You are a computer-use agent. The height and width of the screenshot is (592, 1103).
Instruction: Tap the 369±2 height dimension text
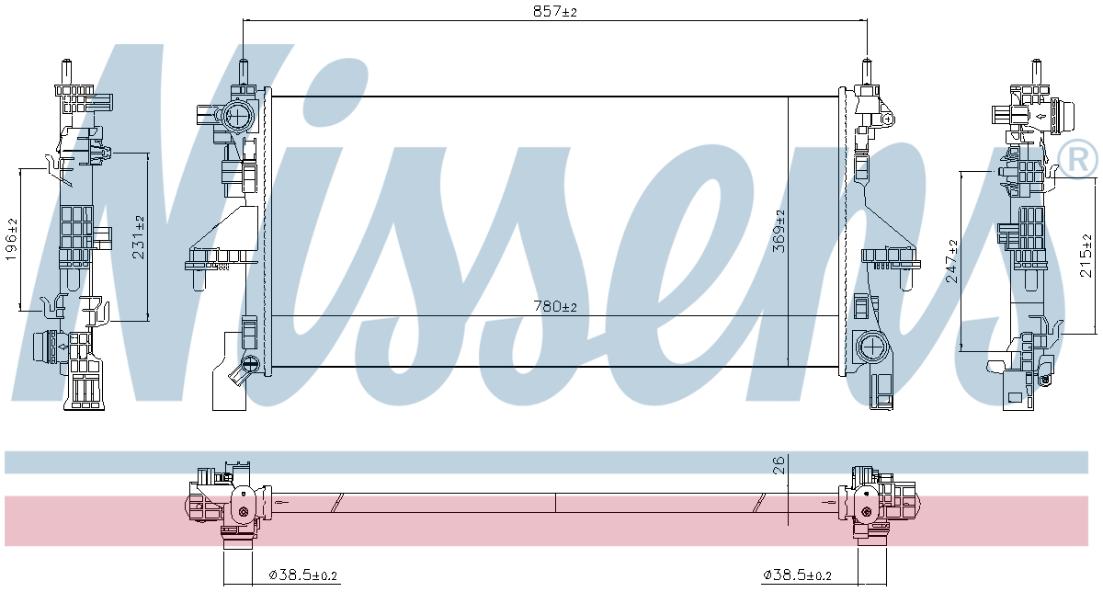click(780, 231)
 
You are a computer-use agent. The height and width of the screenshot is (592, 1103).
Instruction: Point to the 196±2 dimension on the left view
click(12, 240)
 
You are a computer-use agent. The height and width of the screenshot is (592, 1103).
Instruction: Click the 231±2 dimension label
click(138, 237)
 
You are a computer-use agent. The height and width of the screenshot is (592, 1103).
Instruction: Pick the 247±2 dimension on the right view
click(951, 260)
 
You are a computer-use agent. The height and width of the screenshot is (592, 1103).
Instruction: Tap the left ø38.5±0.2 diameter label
click(303, 575)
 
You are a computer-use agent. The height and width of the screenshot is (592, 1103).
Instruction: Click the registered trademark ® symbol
click(1077, 157)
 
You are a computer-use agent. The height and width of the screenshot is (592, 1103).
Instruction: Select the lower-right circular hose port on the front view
click(869, 346)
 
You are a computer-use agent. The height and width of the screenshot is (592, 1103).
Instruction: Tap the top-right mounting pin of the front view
click(866, 72)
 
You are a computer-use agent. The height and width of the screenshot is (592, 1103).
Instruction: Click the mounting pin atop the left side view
click(68, 70)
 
